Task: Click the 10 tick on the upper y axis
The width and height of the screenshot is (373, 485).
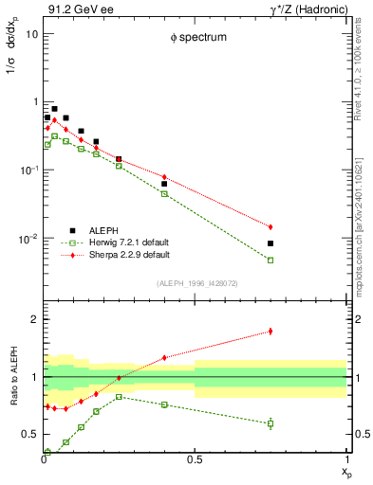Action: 30,34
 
